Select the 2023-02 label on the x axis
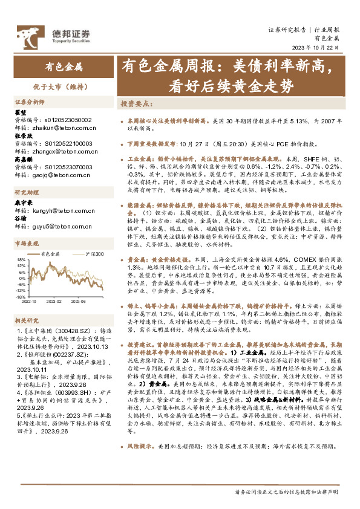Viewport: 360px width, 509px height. (55, 301)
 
